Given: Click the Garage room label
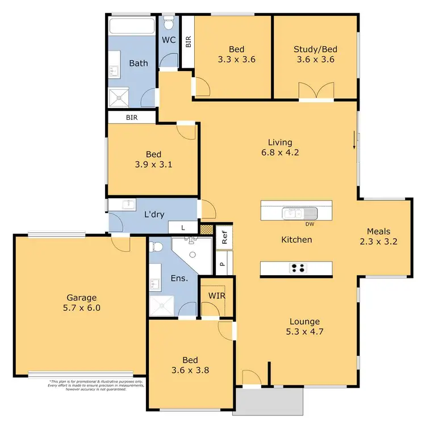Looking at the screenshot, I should click(x=82, y=297).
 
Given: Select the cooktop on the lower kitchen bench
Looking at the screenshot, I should click(x=297, y=268).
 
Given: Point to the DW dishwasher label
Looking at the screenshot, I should click(x=310, y=224).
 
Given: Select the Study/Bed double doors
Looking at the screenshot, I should click(x=316, y=91).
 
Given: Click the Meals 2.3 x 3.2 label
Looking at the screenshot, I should click(x=378, y=236).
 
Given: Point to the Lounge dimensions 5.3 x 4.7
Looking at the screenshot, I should click(x=304, y=332).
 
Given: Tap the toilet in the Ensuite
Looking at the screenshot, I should click(x=157, y=246).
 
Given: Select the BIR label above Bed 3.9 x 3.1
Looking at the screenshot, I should click(x=132, y=117).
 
